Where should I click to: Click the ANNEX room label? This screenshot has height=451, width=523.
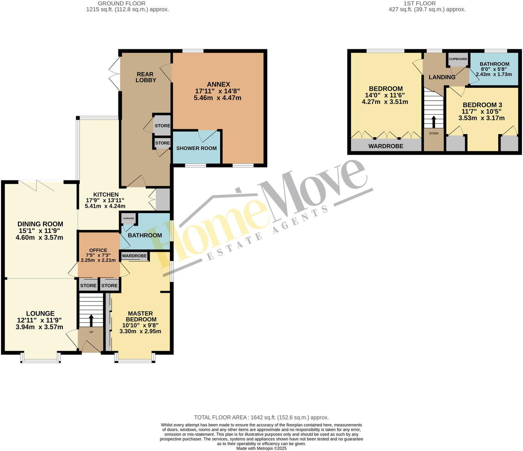point(218,85)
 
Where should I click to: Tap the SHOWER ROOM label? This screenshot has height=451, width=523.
point(197,148)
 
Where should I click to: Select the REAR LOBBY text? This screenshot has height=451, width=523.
point(146,77)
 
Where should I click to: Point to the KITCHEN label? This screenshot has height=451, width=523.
point(106,194)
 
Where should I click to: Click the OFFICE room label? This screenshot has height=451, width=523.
point(98,250)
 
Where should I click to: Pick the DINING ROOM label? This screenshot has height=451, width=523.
point(40,224)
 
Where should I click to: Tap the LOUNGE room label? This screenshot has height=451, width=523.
point(40,313)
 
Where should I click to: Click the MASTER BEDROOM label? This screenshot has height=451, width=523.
point(140,316)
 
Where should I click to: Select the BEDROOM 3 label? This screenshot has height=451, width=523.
point(482,105)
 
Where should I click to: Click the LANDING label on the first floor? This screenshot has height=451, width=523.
point(442,77)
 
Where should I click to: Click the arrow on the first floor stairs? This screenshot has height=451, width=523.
point(434,121)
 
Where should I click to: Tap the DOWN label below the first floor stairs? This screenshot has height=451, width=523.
point(434,133)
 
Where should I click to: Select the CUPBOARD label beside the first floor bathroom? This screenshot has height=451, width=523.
point(458,59)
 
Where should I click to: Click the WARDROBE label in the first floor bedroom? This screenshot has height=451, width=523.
point(385,146)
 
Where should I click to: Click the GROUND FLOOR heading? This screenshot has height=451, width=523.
point(127,3)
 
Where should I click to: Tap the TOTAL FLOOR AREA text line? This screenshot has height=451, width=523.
point(261,417)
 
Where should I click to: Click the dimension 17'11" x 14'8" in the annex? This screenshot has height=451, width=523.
point(218,91)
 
